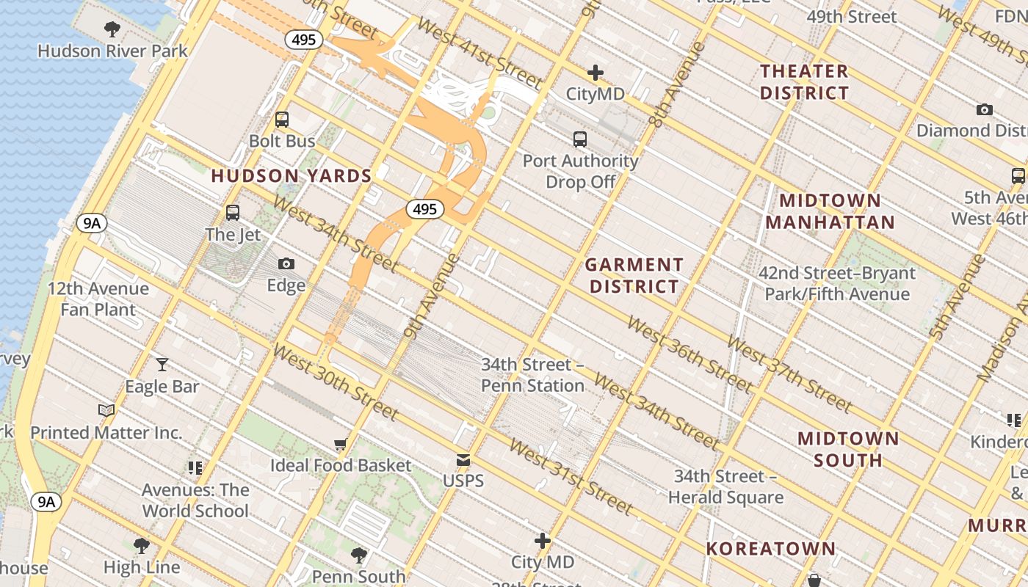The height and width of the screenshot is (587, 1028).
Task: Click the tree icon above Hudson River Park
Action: (x=112, y=29)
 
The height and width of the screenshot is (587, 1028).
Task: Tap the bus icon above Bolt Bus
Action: (x=282, y=120)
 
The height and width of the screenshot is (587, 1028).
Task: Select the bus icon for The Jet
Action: (x=233, y=213)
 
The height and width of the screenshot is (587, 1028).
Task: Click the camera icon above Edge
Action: (x=286, y=263)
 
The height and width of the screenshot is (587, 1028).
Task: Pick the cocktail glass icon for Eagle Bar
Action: (x=162, y=364)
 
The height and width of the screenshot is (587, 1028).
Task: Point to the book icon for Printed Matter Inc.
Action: (x=106, y=410)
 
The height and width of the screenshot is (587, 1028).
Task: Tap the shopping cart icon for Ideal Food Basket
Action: (x=341, y=444)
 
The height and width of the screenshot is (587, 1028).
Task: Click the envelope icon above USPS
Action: (x=463, y=460)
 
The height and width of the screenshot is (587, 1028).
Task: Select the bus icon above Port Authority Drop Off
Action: (x=580, y=139)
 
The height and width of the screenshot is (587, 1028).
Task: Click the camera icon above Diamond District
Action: (x=985, y=109)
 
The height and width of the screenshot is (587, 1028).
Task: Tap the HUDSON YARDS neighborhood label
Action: (x=292, y=176)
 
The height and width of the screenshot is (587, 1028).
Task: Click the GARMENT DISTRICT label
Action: (x=634, y=275)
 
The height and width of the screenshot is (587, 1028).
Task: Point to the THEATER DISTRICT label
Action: (x=804, y=82)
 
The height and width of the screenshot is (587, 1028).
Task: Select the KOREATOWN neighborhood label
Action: (x=771, y=548)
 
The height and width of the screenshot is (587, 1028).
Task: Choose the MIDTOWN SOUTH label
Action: (x=848, y=449)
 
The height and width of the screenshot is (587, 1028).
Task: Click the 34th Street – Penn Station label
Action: (x=532, y=375)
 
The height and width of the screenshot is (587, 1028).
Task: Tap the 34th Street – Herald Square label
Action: (x=725, y=486)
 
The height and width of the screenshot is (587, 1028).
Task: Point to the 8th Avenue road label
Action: (x=676, y=86)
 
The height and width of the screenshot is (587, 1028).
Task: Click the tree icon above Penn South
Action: (x=359, y=554)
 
